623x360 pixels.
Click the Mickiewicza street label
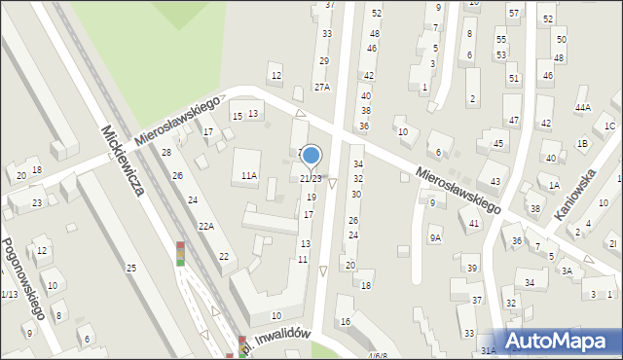point(122,161)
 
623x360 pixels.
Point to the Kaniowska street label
point(574,195)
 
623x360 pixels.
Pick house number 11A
point(249,176)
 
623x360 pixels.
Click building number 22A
point(205,226)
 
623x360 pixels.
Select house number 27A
point(321,87)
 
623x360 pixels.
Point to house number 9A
point(435,236)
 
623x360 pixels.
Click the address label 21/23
point(311,179)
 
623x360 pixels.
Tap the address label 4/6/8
point(378,355)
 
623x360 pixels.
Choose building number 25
point(130,268)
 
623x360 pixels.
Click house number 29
point(324,60)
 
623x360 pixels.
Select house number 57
point(513,13)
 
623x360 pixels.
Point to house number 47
point(514,120)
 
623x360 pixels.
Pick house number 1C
point(609,126)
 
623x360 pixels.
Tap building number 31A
point(488,350)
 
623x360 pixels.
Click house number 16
point(345,322)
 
